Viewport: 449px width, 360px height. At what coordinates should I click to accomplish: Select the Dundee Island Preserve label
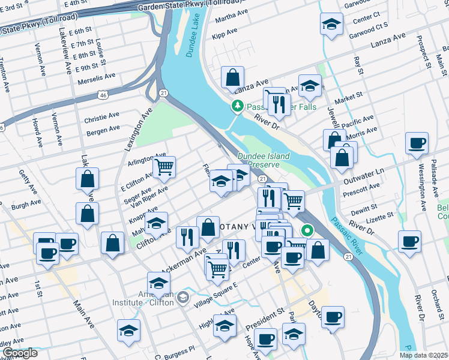pos(264,160)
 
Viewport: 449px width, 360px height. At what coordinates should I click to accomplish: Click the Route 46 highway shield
pos(104,94)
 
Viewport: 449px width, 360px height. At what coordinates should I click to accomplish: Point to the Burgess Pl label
pos(179,348)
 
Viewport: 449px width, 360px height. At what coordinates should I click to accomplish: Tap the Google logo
pos(19,353)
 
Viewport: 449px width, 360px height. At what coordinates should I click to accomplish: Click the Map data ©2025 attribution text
pos(424,355)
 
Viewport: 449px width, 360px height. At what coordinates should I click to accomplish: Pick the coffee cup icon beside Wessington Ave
pos(416,143)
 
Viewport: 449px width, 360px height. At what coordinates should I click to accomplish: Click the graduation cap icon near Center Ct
pos(330,25)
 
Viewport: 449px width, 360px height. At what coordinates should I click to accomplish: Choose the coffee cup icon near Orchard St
pos(410,242)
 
